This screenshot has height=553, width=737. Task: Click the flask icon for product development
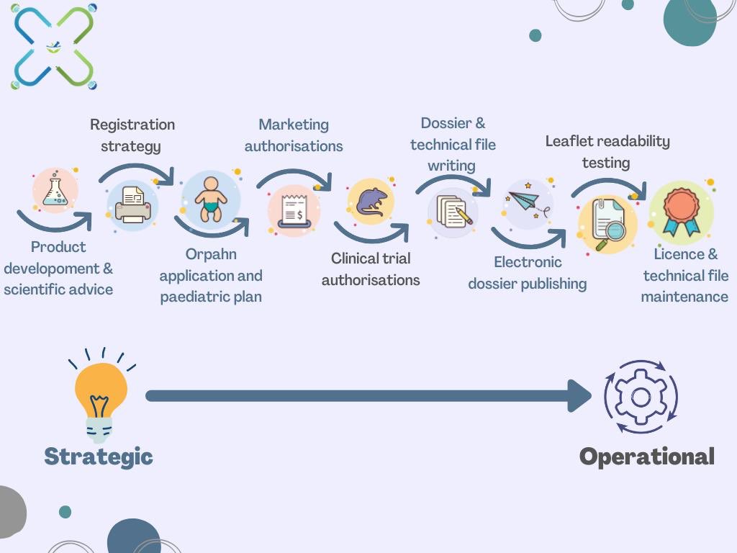(55, 191)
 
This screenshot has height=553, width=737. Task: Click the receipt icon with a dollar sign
(294, 210)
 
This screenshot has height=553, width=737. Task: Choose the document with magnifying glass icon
(607, 223)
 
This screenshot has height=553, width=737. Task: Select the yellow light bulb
(101, 395)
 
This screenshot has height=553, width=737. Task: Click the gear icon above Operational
(641, 397)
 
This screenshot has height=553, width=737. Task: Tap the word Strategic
(99, 456)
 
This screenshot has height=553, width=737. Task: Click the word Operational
(646, 457)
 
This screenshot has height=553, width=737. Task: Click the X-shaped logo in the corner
(54, 47)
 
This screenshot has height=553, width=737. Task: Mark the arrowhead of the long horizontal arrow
(579, 396)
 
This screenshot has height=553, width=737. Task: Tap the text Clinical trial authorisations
(371, 269)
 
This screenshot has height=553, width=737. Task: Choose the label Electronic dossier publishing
(528, 273)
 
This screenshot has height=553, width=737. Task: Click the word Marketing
(294, 125)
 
